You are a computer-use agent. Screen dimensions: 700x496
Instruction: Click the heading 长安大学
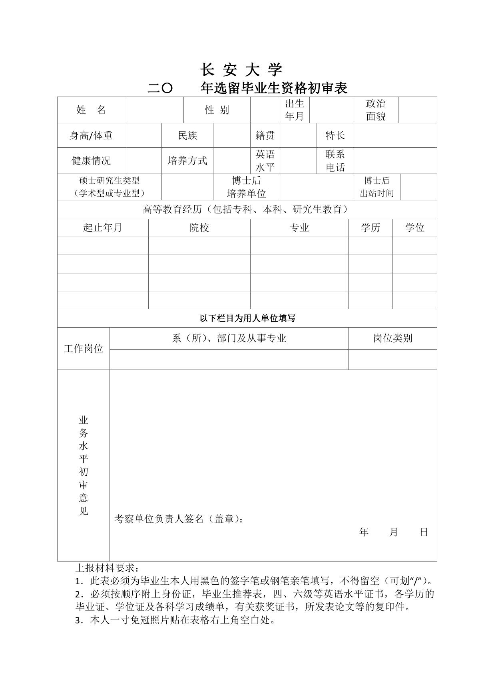[x=241, y=70]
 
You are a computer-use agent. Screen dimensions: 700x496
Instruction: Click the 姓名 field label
[x=91, y=110]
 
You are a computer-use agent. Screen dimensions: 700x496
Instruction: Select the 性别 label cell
[x=217, y=110]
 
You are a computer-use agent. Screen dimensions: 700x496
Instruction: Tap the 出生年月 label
[x=295, y=110]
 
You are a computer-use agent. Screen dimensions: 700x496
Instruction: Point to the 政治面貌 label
[x=376, y=110]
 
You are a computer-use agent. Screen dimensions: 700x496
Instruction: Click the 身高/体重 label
[x=91, y=136]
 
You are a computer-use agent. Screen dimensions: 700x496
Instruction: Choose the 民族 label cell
[x=187, y=136]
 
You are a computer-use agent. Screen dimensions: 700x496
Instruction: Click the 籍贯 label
[x=265, y=136]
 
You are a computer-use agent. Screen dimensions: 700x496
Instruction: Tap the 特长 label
[x=335, y=136]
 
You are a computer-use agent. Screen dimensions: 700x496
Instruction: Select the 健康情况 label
[x=91, y=161]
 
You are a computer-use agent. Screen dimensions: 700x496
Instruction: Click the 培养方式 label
[x=187, y=161]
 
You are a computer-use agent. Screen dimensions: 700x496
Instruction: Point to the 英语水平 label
[x=265, y=161]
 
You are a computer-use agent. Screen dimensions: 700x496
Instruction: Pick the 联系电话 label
[x=335, y=161]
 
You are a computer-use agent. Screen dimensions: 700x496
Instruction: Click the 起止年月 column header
[x=102, y=228]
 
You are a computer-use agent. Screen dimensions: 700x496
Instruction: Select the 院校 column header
[x=199, y=228]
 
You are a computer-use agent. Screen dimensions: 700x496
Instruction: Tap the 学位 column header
[x=414, y=228]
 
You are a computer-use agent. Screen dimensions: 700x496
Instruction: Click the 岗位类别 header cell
[x=392, y=338]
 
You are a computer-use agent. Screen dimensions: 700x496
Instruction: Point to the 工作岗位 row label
[x=84, y=349]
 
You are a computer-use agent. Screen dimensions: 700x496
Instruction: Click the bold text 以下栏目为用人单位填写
[x=247, y=318]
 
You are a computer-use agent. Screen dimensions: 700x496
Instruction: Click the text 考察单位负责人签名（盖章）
[x=178, y=519]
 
